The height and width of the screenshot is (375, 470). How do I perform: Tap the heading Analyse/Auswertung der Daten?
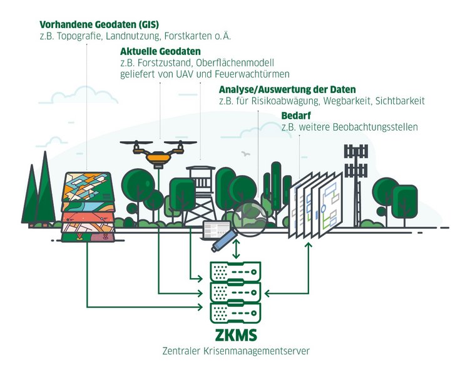(287, 89)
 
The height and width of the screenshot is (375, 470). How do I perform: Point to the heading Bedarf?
(295, 116)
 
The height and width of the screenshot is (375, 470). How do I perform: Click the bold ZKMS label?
(235, 335)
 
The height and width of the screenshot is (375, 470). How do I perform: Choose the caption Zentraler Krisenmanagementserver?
(235, 351)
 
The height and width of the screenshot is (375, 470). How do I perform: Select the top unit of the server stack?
(235, 271)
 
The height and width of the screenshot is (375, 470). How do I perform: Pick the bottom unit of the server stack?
(235, 311)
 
